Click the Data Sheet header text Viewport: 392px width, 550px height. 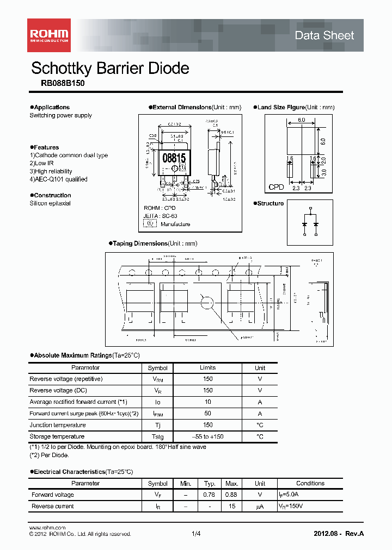324,35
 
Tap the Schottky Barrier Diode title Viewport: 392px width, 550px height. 110,68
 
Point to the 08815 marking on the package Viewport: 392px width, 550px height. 174,158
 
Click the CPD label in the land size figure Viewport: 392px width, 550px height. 277,187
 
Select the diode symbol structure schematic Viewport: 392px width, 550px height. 310,222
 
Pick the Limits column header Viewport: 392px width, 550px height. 207,368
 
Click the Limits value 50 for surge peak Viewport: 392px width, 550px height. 207,414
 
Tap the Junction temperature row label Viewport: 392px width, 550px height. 57,425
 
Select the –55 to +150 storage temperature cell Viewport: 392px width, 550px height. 207,436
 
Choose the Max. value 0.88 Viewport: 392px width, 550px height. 232,495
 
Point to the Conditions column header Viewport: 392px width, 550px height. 310,483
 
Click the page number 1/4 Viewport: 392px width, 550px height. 196,534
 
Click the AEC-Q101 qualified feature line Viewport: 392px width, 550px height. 58,179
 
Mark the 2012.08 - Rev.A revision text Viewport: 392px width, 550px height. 338,534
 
